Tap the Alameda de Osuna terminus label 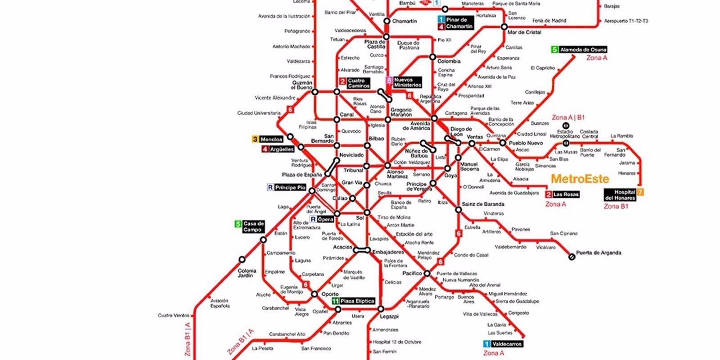[x=583, y=49]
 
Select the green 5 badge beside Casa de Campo [x=238, y=224]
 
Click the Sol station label [x=360, y=218]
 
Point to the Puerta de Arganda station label [x=598, y=252]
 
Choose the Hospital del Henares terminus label [x=620, y=195]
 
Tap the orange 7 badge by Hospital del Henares [x=640, y=192]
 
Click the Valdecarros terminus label [x=507, y=344]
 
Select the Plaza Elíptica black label [x=357, y=301]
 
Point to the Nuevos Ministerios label [x=408, y=82]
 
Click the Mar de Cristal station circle [x=504, y=27]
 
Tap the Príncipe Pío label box [x=290, y=187]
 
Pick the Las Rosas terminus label [x=566, y=194]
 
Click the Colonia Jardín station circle [x=242, y=259]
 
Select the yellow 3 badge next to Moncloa [x=255, y=139]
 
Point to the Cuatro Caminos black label [x=358, y=83]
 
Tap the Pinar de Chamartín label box [x=459, y=23]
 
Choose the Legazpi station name [x=389, y=316]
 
